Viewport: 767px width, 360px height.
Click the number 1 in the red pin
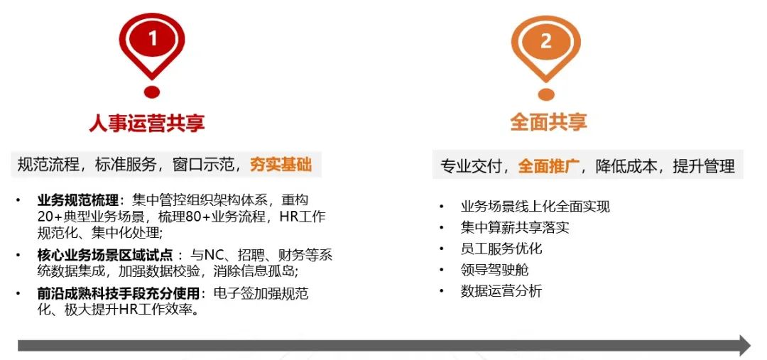click(153, 38)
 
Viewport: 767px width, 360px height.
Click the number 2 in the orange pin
click(546, 41)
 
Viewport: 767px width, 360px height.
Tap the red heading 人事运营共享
click(147, 123)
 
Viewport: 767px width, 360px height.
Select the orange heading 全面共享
click(548, 122)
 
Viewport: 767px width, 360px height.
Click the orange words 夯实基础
click(281, 165)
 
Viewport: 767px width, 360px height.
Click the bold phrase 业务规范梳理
click(78, 200)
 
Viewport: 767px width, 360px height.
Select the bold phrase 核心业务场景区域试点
click(105, 255)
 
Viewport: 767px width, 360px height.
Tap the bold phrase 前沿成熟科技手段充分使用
click(119, 293)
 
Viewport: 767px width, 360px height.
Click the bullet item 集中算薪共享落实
click(515, 227)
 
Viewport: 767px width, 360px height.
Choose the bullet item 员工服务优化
click(501, 249)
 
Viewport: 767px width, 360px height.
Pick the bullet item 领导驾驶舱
click(494, 270)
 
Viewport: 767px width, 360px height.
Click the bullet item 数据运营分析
click(501, 291)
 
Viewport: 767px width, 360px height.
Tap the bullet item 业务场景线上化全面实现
click(535, 207)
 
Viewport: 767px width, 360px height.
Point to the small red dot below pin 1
click(152, 92)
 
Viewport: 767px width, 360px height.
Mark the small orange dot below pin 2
click(546, 94)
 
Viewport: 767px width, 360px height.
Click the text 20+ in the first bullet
click(50, 217)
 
